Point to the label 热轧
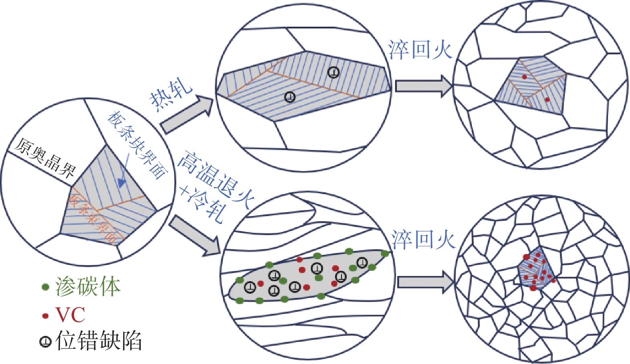coord(171,94)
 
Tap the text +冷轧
coord(202,203)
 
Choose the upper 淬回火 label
coord(420,50)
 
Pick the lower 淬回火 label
coord(423,240)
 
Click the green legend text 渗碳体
coord(88,287)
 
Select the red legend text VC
coord(70,315)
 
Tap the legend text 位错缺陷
coord(98,341)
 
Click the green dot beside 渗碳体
coord(45,287)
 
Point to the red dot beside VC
coord(45,316)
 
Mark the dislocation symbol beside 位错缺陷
coord(45,342)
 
